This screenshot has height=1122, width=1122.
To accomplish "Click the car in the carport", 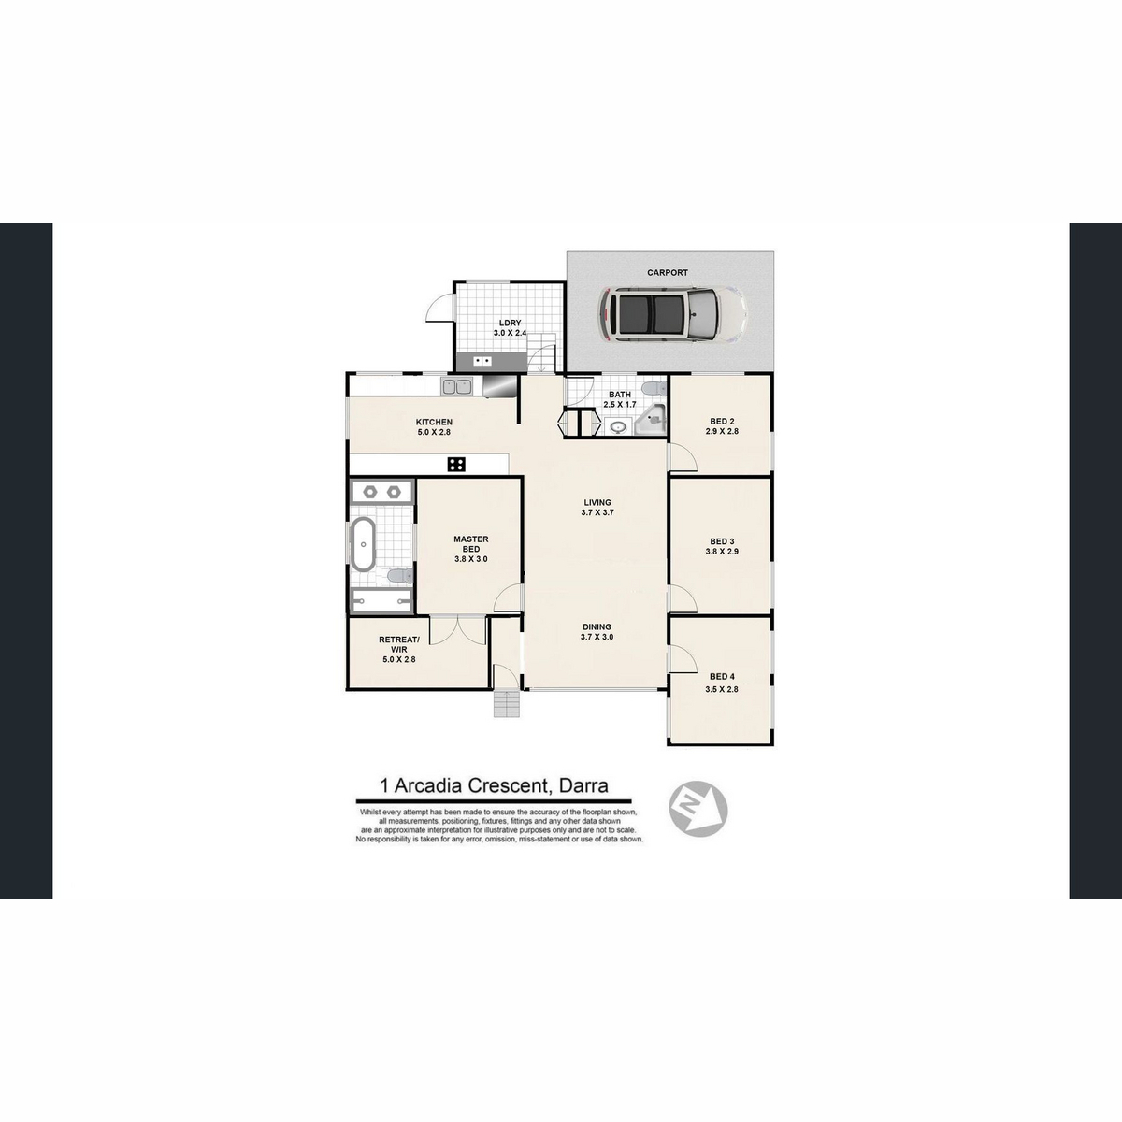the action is [672, 313].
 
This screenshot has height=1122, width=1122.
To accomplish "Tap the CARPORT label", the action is [668, 272].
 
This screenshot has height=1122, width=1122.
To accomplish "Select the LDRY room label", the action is [510, 324].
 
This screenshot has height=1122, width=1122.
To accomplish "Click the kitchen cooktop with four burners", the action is [456, 464].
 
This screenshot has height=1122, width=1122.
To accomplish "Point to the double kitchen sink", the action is [456, 386].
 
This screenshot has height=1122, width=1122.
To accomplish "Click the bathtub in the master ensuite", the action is [364, 544].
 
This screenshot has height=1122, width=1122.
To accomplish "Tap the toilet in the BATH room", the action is [654, 388].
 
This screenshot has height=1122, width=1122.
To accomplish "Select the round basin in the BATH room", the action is [617, 427].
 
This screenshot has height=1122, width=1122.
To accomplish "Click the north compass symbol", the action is [698, 810].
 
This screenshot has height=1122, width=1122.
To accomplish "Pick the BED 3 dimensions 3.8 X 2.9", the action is [722, 551].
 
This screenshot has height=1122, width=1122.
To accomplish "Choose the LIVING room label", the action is [597, 502].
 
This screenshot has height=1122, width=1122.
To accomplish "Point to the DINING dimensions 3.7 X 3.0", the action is [597, 637].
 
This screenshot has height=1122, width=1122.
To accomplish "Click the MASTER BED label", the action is [471, 544].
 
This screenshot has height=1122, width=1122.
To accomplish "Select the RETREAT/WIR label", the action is [399, 644].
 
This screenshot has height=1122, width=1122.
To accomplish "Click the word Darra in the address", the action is [583, 786].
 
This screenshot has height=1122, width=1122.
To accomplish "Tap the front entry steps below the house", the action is [506, 705].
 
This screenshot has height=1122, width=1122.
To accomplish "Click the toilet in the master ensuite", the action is [399, 577].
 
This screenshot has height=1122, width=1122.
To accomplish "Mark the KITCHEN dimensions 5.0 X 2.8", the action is [434, 433].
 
